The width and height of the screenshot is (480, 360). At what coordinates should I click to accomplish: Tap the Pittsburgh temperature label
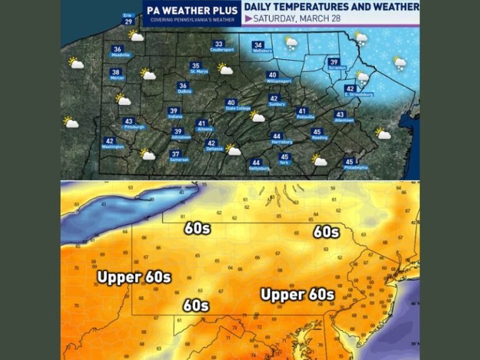click(129, 122)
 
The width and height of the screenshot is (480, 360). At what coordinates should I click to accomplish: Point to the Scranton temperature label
click(334, 64)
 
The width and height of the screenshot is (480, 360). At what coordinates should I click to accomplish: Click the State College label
click(231, 104)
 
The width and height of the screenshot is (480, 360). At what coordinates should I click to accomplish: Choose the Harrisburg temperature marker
click(277, 137)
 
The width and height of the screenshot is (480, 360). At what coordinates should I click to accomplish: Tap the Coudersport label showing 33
click(218, 46)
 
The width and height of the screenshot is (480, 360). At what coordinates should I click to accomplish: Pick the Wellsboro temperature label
click(258, 47)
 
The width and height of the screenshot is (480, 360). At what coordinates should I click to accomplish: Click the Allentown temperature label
click(340, 116)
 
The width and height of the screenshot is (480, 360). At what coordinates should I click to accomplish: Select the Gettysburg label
click(256, 164)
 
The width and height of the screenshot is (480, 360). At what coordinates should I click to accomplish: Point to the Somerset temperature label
click(176, 156)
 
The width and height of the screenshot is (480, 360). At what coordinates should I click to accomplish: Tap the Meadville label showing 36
click(117, 51)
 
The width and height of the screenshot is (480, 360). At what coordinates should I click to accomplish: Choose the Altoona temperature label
click(202, 125)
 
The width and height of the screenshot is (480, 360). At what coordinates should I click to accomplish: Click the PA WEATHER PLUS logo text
click(191, 11)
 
